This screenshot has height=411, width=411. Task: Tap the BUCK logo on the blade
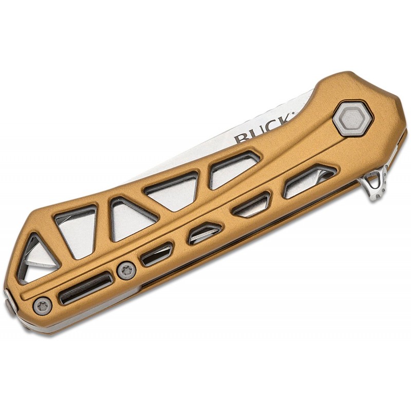(264, 130)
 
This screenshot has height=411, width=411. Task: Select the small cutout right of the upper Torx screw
(157, 254)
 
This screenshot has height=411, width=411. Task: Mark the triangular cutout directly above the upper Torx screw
(130, 218)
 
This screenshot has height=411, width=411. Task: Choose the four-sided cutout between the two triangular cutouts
(80, 230)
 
